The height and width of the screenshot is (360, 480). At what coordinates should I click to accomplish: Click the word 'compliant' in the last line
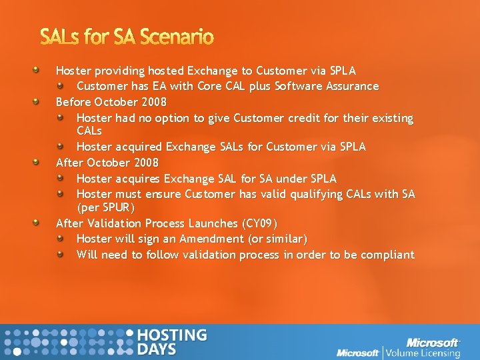(x=388, y=255)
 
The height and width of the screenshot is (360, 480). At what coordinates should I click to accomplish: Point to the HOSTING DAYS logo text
(x=171, y=342)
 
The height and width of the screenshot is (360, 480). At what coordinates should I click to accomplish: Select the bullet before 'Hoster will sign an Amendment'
(x=61, y=238)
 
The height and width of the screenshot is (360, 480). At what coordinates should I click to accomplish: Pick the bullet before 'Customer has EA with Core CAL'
(x=61, y=86)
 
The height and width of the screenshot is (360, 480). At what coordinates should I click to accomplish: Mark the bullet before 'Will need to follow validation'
(x=61, y=254)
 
